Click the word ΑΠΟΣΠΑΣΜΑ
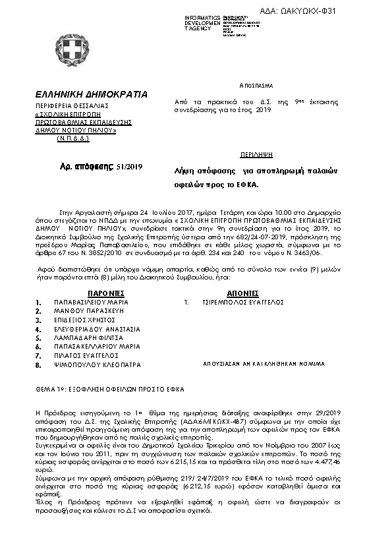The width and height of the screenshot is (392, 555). (256, 86)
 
